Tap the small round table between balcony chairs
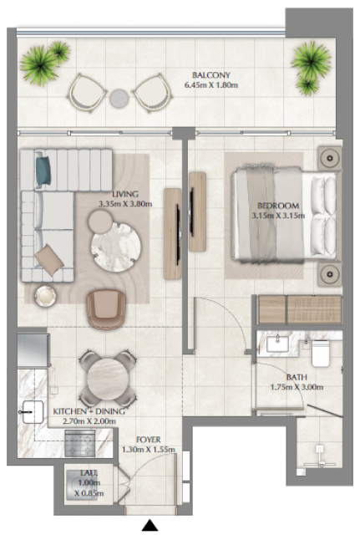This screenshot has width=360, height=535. pos(119,99)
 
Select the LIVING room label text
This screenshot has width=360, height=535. pos(125,194)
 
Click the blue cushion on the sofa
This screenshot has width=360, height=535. pos(43,171)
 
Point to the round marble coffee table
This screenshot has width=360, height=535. pos(116,247)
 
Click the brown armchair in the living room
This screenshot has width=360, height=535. pos(106,309)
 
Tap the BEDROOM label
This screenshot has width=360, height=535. pos(278,206)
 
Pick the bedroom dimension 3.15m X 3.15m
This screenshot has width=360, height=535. pos(278,216)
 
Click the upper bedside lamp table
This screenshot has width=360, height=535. pos(329,158)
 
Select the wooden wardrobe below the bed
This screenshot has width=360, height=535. pos(300,309)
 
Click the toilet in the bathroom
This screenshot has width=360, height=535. pos(321,353)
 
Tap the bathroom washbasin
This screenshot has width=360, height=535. pos(277,344)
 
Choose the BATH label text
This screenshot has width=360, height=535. pos(297,377)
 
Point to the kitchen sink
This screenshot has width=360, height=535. pos(33,412)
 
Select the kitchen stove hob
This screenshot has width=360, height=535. pos(80,443)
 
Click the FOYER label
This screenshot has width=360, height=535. pos(149,440)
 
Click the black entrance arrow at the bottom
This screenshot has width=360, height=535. pos(150,525)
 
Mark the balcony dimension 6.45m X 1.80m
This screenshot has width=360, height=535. pos(211,85)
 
